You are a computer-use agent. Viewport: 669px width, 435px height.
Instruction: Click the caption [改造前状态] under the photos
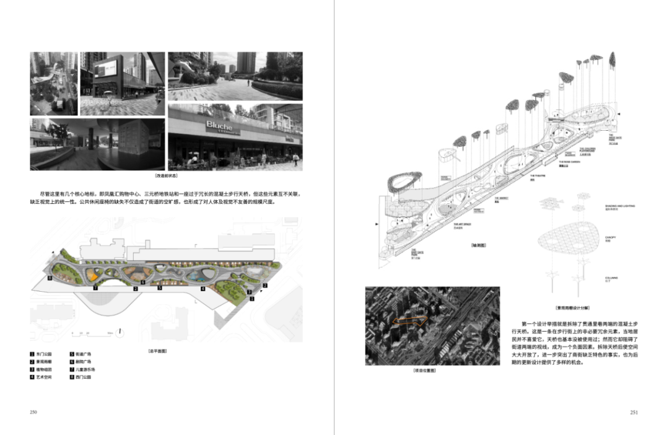167,177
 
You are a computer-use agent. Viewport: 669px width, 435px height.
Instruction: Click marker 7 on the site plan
95,288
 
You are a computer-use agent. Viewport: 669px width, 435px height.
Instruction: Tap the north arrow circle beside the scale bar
118,333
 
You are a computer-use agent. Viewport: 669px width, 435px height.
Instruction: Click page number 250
34,411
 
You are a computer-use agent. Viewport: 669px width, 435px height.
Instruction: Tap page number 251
634,411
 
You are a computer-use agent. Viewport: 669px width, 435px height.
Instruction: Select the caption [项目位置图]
425,370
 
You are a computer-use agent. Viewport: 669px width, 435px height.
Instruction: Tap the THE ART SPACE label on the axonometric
460,225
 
